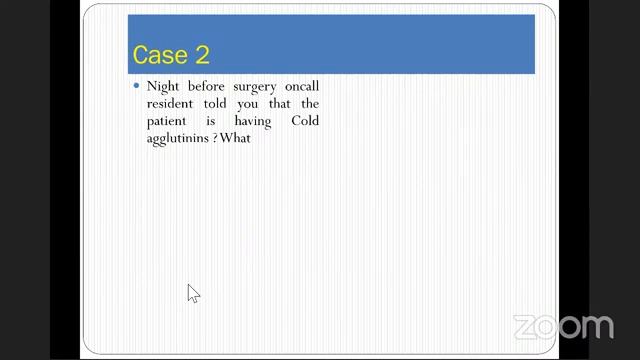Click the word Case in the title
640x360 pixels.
(159, 54)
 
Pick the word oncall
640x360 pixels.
(301, 86)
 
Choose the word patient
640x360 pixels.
(168, 121)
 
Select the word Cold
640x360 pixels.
(305, 120)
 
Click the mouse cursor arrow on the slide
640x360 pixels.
(193, 293)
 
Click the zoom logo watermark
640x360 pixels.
(563, 327)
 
